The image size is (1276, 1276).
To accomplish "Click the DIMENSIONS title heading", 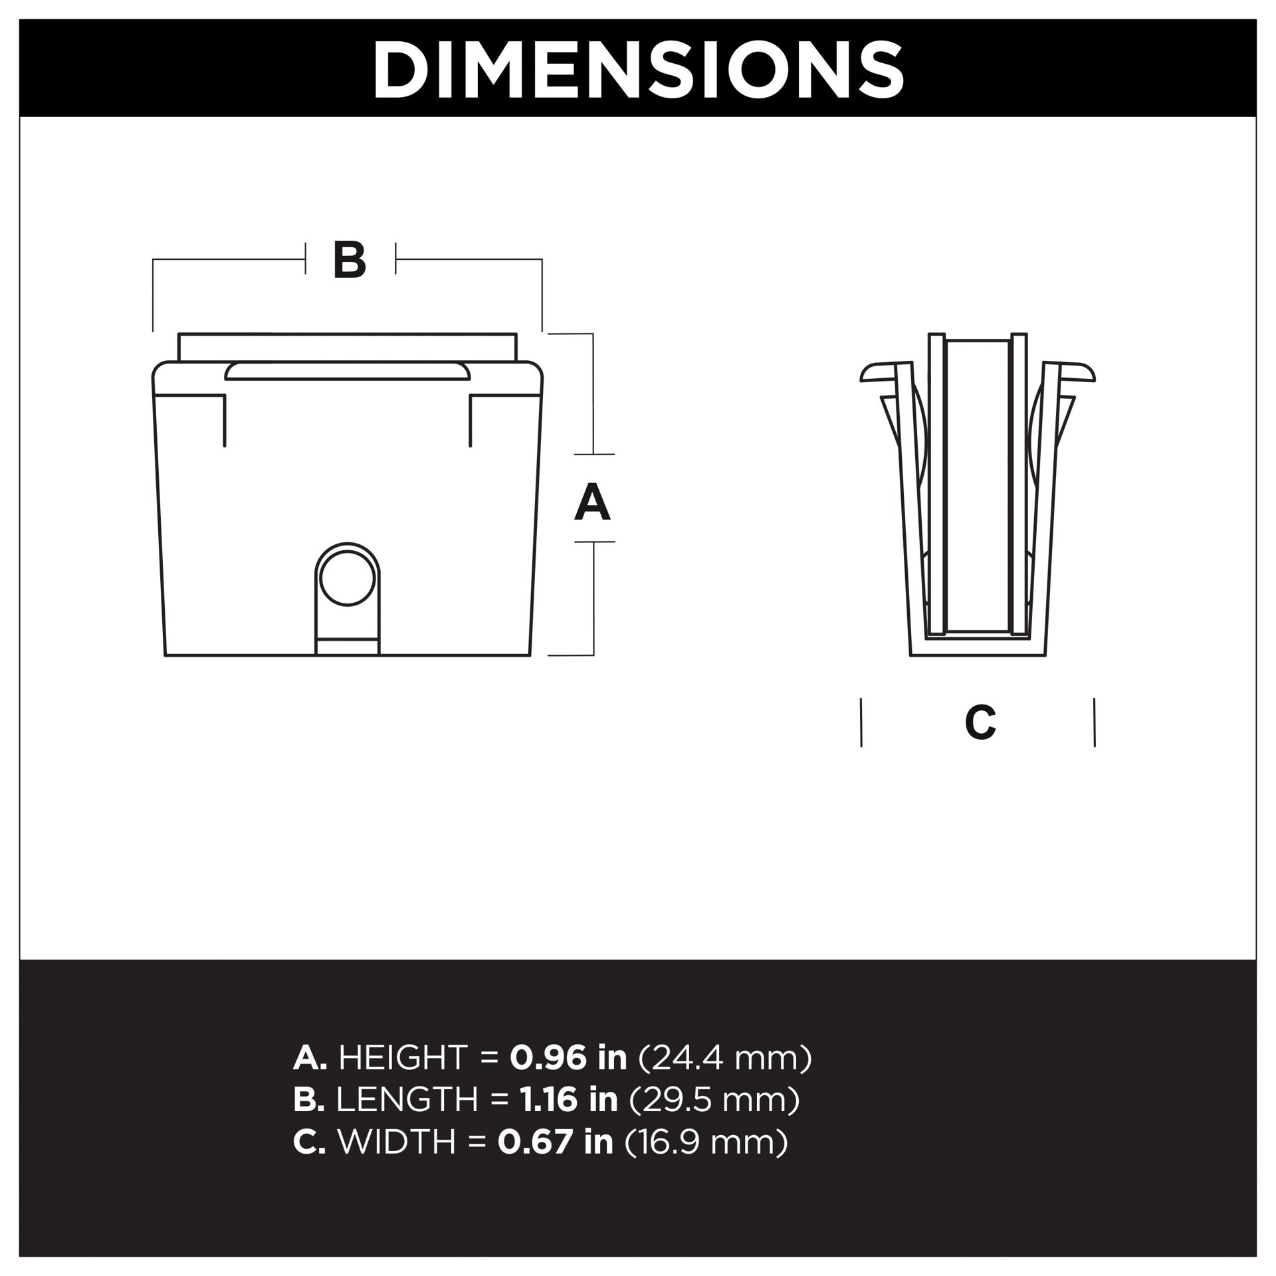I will (x=638, y=69).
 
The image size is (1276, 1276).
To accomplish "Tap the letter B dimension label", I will (x=350, y=260).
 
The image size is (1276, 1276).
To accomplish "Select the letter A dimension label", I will (x=592, y=502).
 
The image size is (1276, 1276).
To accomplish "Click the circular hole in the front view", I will (x=347, y=578).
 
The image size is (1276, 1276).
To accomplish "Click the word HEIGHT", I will (x=403, y=1057).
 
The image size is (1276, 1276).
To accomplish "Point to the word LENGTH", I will (x=407, y=1099).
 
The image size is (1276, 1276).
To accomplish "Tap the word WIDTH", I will (x=397, y=1142).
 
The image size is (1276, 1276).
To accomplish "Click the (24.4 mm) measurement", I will (x=725, y=1057).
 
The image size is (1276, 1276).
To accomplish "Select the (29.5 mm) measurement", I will (x=714, y=1099).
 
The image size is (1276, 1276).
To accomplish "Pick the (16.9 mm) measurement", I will (x=706, y=1142).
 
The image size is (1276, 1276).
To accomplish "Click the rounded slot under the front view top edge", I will (x=347, y=372).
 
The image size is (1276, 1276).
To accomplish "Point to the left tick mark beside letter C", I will (x=861, y=722).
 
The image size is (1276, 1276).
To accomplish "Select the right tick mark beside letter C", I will (x=1094, y=722).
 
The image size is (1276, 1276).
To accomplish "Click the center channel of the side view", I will (x=977, y=485).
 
